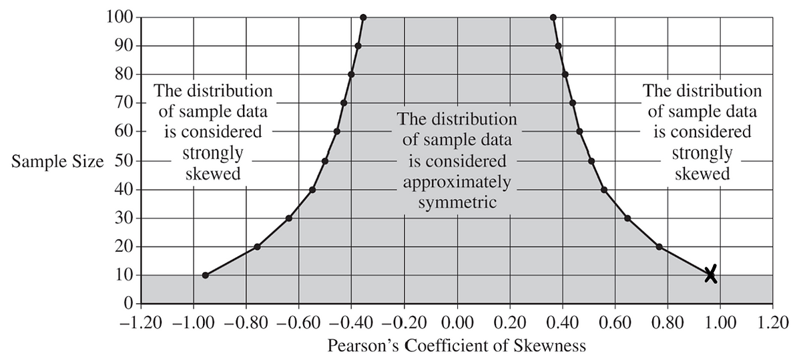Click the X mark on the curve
pyautogui.click(x=711, y=275)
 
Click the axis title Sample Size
pyautogui.click(x=57, y=162)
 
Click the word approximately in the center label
pyautogui.click(x=457, y=182)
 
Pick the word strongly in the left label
pyautogui.click(x=212, y=154)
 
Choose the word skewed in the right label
pyautogui.click(x=702, y=174)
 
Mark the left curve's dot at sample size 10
pyautogui.click(x=205, y=275)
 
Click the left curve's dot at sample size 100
pyautogui.click(x=363, y=17)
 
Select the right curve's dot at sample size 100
pyautogui.click(x=553, y=17)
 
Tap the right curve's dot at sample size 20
pyautogui.click(x=659, y=247)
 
